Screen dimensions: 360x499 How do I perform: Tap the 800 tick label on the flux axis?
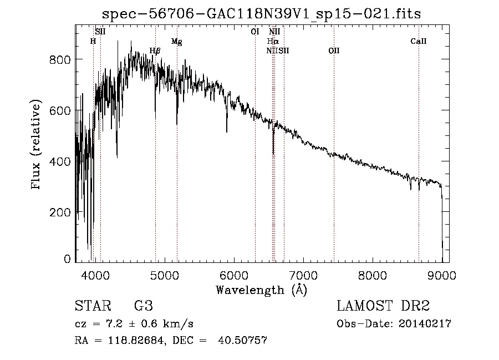coord(62,59)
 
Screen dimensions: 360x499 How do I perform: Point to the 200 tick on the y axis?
coord(62,212)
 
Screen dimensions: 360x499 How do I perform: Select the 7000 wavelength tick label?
coord(303,275)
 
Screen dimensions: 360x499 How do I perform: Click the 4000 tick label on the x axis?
coord(95,275)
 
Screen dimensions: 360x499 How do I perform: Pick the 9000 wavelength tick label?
coord(442,275)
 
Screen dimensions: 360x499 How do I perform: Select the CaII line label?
coord(418,41)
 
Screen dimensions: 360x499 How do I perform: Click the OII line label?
coord(334,50)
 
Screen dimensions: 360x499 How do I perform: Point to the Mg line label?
coord(176,42)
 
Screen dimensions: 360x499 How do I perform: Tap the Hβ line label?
coord(155,50)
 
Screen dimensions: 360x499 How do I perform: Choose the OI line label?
coord(255,32)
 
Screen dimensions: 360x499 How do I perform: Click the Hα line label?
coord(272,41)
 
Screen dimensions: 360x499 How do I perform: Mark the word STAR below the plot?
coord(92,306)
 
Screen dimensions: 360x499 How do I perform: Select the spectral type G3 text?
coord(143,306)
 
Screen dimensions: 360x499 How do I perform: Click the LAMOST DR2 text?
coord(384,306)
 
